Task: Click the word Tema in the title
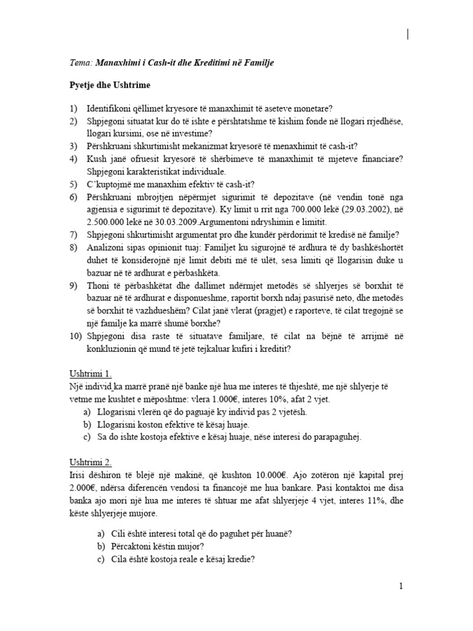click(x=79, y=63)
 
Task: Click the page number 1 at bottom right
click(x=400, y=586)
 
